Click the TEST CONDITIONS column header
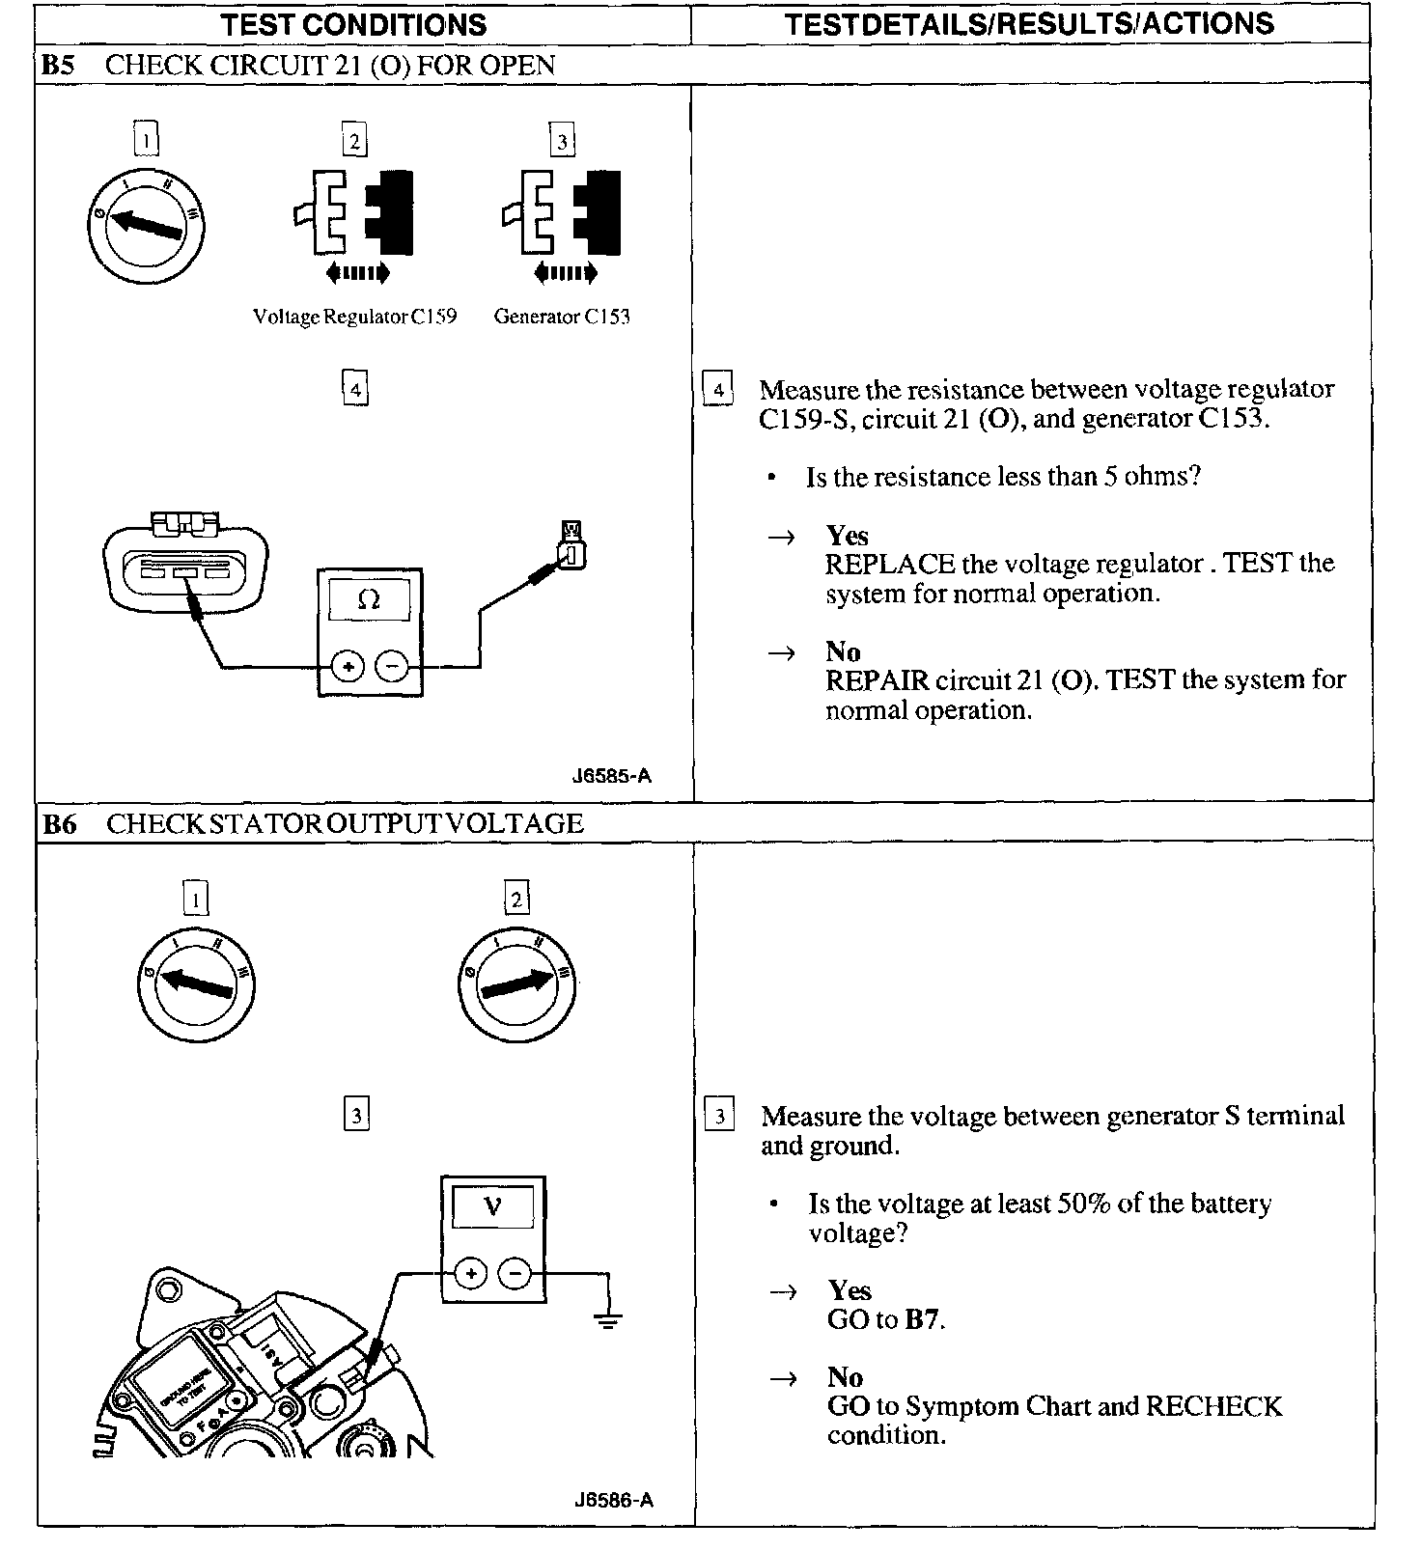point(354,24)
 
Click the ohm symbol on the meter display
point(369,599)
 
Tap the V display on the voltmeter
point(492,1206)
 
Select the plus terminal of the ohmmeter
point(348,666)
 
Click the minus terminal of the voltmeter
point(515,1274)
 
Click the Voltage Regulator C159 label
point(354,317)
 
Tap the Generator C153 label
point(562,317)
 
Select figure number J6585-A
point(612,776)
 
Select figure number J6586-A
point(613,1500)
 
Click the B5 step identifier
point(58,66)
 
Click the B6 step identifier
point(59,824)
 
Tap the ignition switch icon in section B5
point(146,224)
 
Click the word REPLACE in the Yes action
point(889,565)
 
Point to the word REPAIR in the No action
point(877,680)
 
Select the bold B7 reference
point(923,1319)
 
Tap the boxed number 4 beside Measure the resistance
point(717,390)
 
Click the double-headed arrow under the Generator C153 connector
point(565,273)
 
